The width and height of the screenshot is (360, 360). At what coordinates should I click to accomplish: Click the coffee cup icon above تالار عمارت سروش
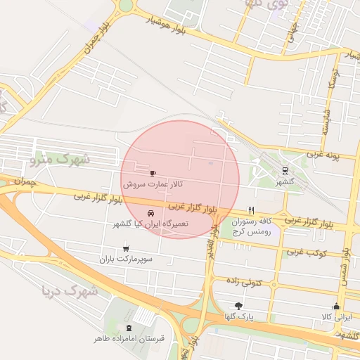153,172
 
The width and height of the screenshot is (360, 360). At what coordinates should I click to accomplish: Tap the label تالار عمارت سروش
153,184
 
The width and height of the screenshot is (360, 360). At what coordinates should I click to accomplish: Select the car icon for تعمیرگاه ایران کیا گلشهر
150,213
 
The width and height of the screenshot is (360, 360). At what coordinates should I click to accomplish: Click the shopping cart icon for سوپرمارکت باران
126,248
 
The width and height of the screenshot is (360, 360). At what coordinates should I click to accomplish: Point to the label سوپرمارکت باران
125,259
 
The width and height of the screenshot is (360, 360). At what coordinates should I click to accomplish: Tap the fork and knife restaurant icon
251,210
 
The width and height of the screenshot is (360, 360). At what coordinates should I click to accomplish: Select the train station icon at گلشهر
285,170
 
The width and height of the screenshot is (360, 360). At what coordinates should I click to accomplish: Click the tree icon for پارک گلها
238,306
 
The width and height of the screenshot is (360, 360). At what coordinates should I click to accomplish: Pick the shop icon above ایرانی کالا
336,306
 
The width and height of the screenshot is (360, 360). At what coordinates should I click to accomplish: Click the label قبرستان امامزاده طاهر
129,338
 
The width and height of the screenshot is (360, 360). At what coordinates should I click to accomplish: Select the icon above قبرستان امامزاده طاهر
129,328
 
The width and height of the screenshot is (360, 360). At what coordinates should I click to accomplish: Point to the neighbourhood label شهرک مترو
61,160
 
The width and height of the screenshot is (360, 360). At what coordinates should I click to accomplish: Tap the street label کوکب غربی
306,250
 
